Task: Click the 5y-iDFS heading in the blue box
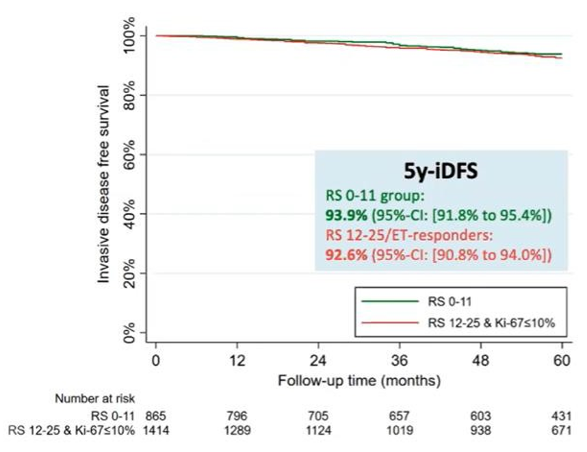[x=441, y=171]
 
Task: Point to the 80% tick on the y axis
[x=133, y=95]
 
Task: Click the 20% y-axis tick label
[x=133, y=273]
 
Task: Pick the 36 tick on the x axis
[x=400, y=361]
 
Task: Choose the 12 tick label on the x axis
[x=237, y=361]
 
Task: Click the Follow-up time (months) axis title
[x=359, y=378]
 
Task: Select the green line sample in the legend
[x=388, y=301]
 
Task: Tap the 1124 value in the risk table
[x=318, y=430]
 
